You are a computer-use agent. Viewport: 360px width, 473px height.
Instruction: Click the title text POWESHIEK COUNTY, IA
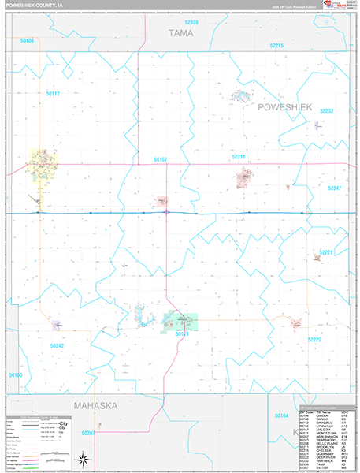[35, 6]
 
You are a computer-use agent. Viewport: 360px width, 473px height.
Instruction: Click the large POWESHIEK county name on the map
[284, 106]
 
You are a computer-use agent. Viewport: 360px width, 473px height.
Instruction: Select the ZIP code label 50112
[53, 93]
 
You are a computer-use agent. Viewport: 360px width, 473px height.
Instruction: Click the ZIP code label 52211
[239, 157]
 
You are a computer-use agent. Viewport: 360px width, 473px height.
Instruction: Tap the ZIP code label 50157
[161, 160]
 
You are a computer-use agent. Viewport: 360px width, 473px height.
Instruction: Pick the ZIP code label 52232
[327, 111]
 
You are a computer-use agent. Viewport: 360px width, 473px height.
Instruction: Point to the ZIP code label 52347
[334, 188]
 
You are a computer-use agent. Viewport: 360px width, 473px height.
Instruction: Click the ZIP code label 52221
[326, 252]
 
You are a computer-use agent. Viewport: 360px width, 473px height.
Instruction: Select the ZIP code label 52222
[314, 339]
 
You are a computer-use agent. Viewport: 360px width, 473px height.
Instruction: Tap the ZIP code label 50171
[182, 334]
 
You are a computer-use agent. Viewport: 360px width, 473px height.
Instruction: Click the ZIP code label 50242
[56, 345]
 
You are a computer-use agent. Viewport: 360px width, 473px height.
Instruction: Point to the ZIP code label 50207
[88, 433]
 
